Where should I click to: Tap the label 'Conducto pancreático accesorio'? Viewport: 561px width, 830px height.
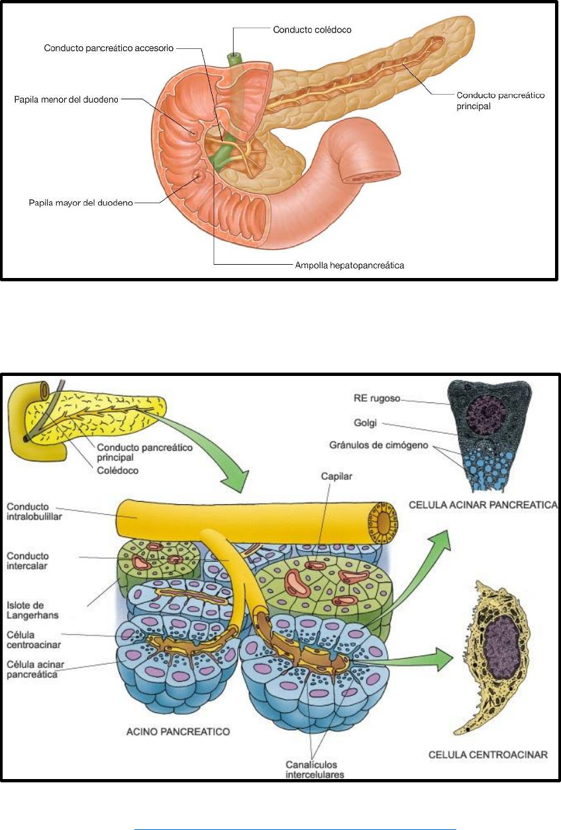(x=110, y=48)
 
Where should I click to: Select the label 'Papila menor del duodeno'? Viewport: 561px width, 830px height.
(x=66, y=100)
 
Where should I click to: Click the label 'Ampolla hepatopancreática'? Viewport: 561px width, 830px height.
(x=349, y=265)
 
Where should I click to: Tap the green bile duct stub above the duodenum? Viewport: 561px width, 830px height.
(x=234, y=58)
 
